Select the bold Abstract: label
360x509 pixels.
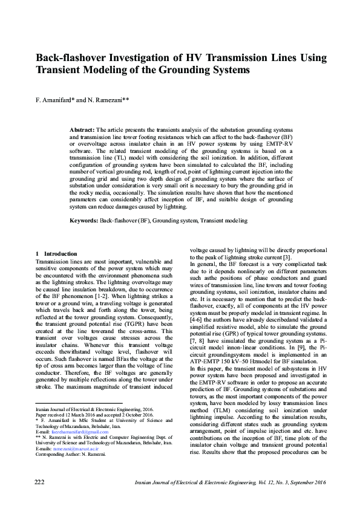click(x=82, y=130)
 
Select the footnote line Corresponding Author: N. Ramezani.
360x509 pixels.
click(x=71, y=455)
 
